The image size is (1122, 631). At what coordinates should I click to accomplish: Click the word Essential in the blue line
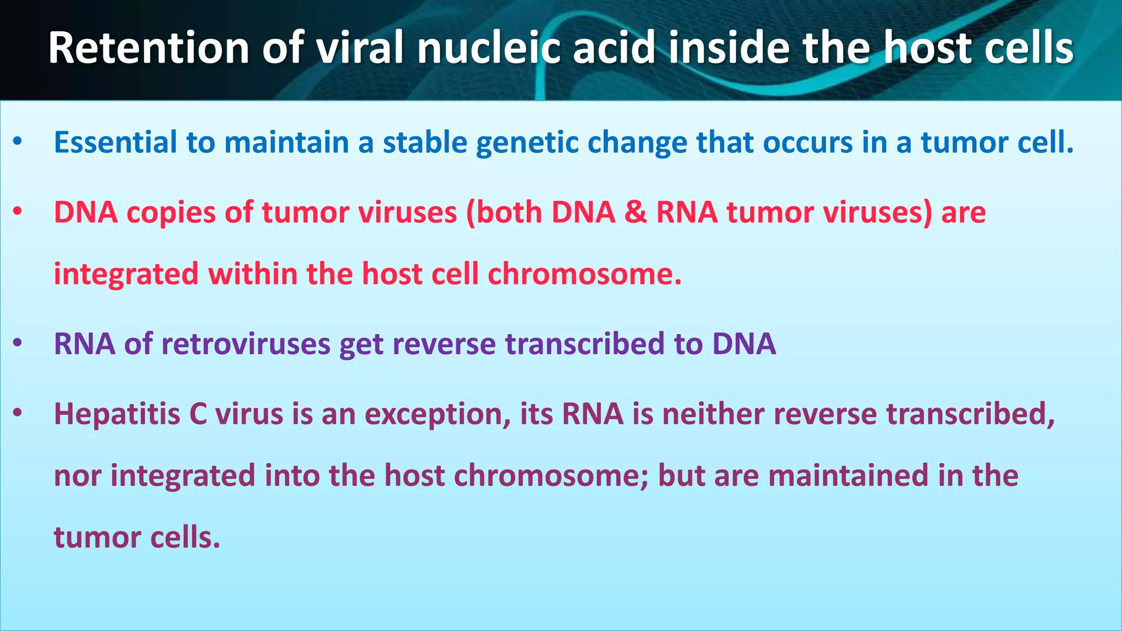tap(115, 142)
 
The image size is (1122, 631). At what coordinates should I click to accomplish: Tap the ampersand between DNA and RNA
tap(636, 213)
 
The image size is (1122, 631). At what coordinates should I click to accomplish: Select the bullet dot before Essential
tap(18, 142)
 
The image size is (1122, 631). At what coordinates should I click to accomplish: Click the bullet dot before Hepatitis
tap(18, 414)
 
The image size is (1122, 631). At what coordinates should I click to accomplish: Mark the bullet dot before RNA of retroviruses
tap(18, 344)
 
